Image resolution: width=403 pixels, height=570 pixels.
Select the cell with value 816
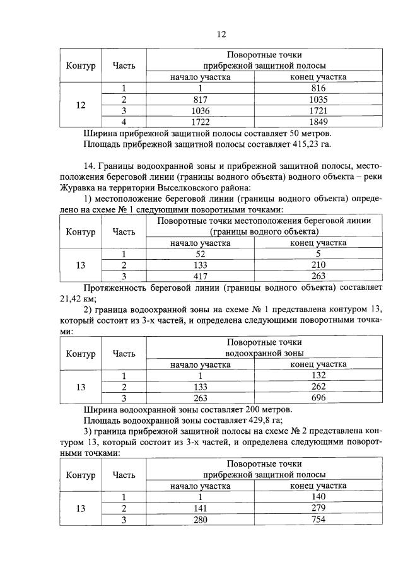[318, 89]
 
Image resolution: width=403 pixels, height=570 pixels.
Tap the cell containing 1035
[318, 100]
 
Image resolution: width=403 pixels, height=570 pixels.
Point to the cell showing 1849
[318, 122]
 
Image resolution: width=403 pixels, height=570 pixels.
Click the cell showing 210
[318, 265]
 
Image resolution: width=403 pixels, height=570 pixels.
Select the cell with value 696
[318, 398]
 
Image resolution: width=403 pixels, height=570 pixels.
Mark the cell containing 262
[318, 387]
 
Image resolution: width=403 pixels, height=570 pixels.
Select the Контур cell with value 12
[80, 105]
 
